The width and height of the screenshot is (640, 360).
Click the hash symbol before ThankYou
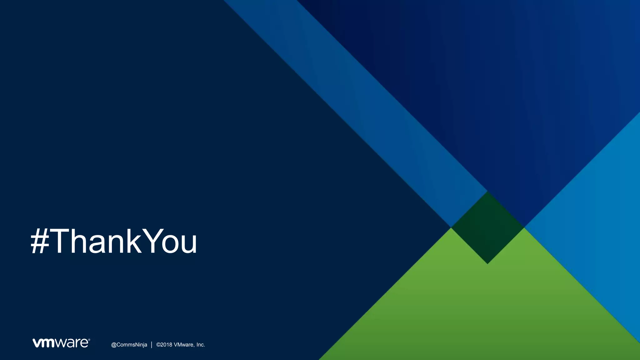pos(40,241)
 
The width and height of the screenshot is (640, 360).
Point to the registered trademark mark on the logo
pos(89,339)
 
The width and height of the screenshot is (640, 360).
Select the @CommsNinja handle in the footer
pos(129,345)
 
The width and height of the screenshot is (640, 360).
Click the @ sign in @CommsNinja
pos(114,345)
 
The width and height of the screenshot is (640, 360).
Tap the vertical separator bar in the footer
pos(152,345)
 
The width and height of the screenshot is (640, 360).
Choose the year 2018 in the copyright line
pos(166,345)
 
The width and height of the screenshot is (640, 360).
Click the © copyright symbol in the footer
pos(158,345)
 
